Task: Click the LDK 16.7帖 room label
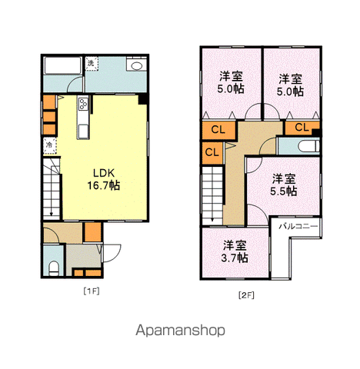[x=104, y=179]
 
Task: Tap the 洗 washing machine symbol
[x=92, y=63]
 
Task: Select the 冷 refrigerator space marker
[x=49, y=145]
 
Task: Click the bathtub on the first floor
[x=62, y=65]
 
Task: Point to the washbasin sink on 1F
[x=137, y=65]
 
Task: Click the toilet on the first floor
[x=54, y=268]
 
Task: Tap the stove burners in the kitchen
[x=83, y=104]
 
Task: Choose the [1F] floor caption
[x=92, y=291]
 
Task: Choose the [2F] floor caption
[x=246, y=295]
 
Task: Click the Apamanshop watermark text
[x=180, y=331]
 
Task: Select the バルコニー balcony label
[x=298, y=227]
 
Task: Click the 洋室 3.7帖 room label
[x=235, y=251]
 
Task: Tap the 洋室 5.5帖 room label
[x=284, y=185]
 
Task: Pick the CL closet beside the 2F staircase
[x=212, y=153]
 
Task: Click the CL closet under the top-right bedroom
[x=302, y=128]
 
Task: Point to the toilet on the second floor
[x=308, y=146]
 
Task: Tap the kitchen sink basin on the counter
[x=83, y=131]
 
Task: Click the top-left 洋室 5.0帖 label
[x=231, y=82]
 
